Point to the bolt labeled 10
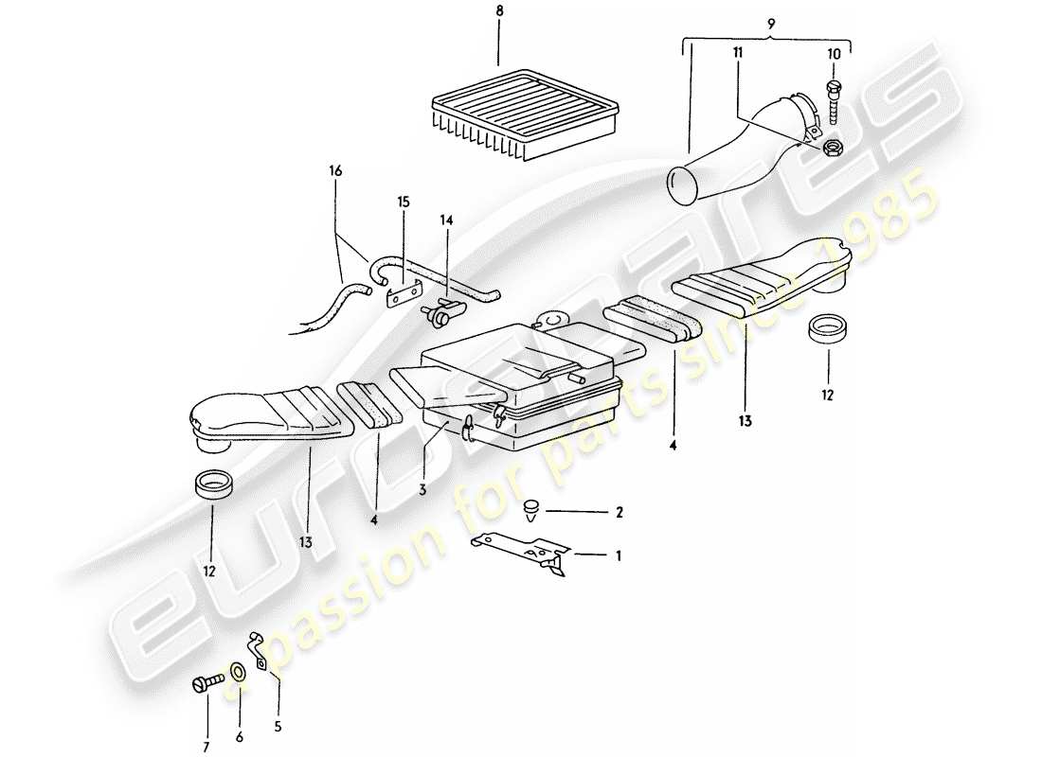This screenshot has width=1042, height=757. tap(835, 100)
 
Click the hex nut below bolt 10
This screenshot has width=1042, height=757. tap(833, 147)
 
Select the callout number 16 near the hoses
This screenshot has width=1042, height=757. tap(335, 170)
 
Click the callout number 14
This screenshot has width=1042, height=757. tap(444, 220)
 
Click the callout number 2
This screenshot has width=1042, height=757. tap(619, 513)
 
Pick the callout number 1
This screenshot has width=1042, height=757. tap(619, 556)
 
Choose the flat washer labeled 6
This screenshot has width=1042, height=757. tap(236, 673)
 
